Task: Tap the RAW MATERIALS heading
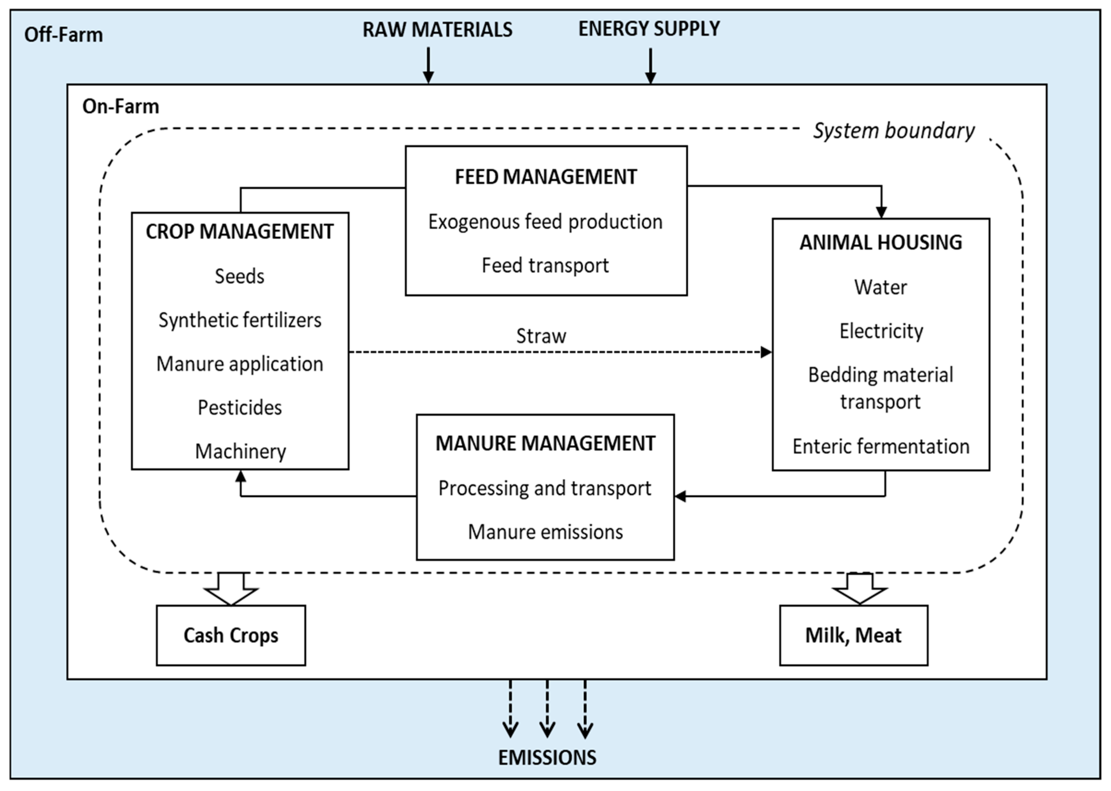tap(437, 30)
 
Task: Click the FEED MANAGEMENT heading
tap(546, 177)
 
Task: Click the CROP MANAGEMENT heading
tap(240, 232)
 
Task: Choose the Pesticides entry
tap(240, 408)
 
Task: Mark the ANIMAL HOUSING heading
tap(880, 243)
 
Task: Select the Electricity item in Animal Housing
tap(881, 331)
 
